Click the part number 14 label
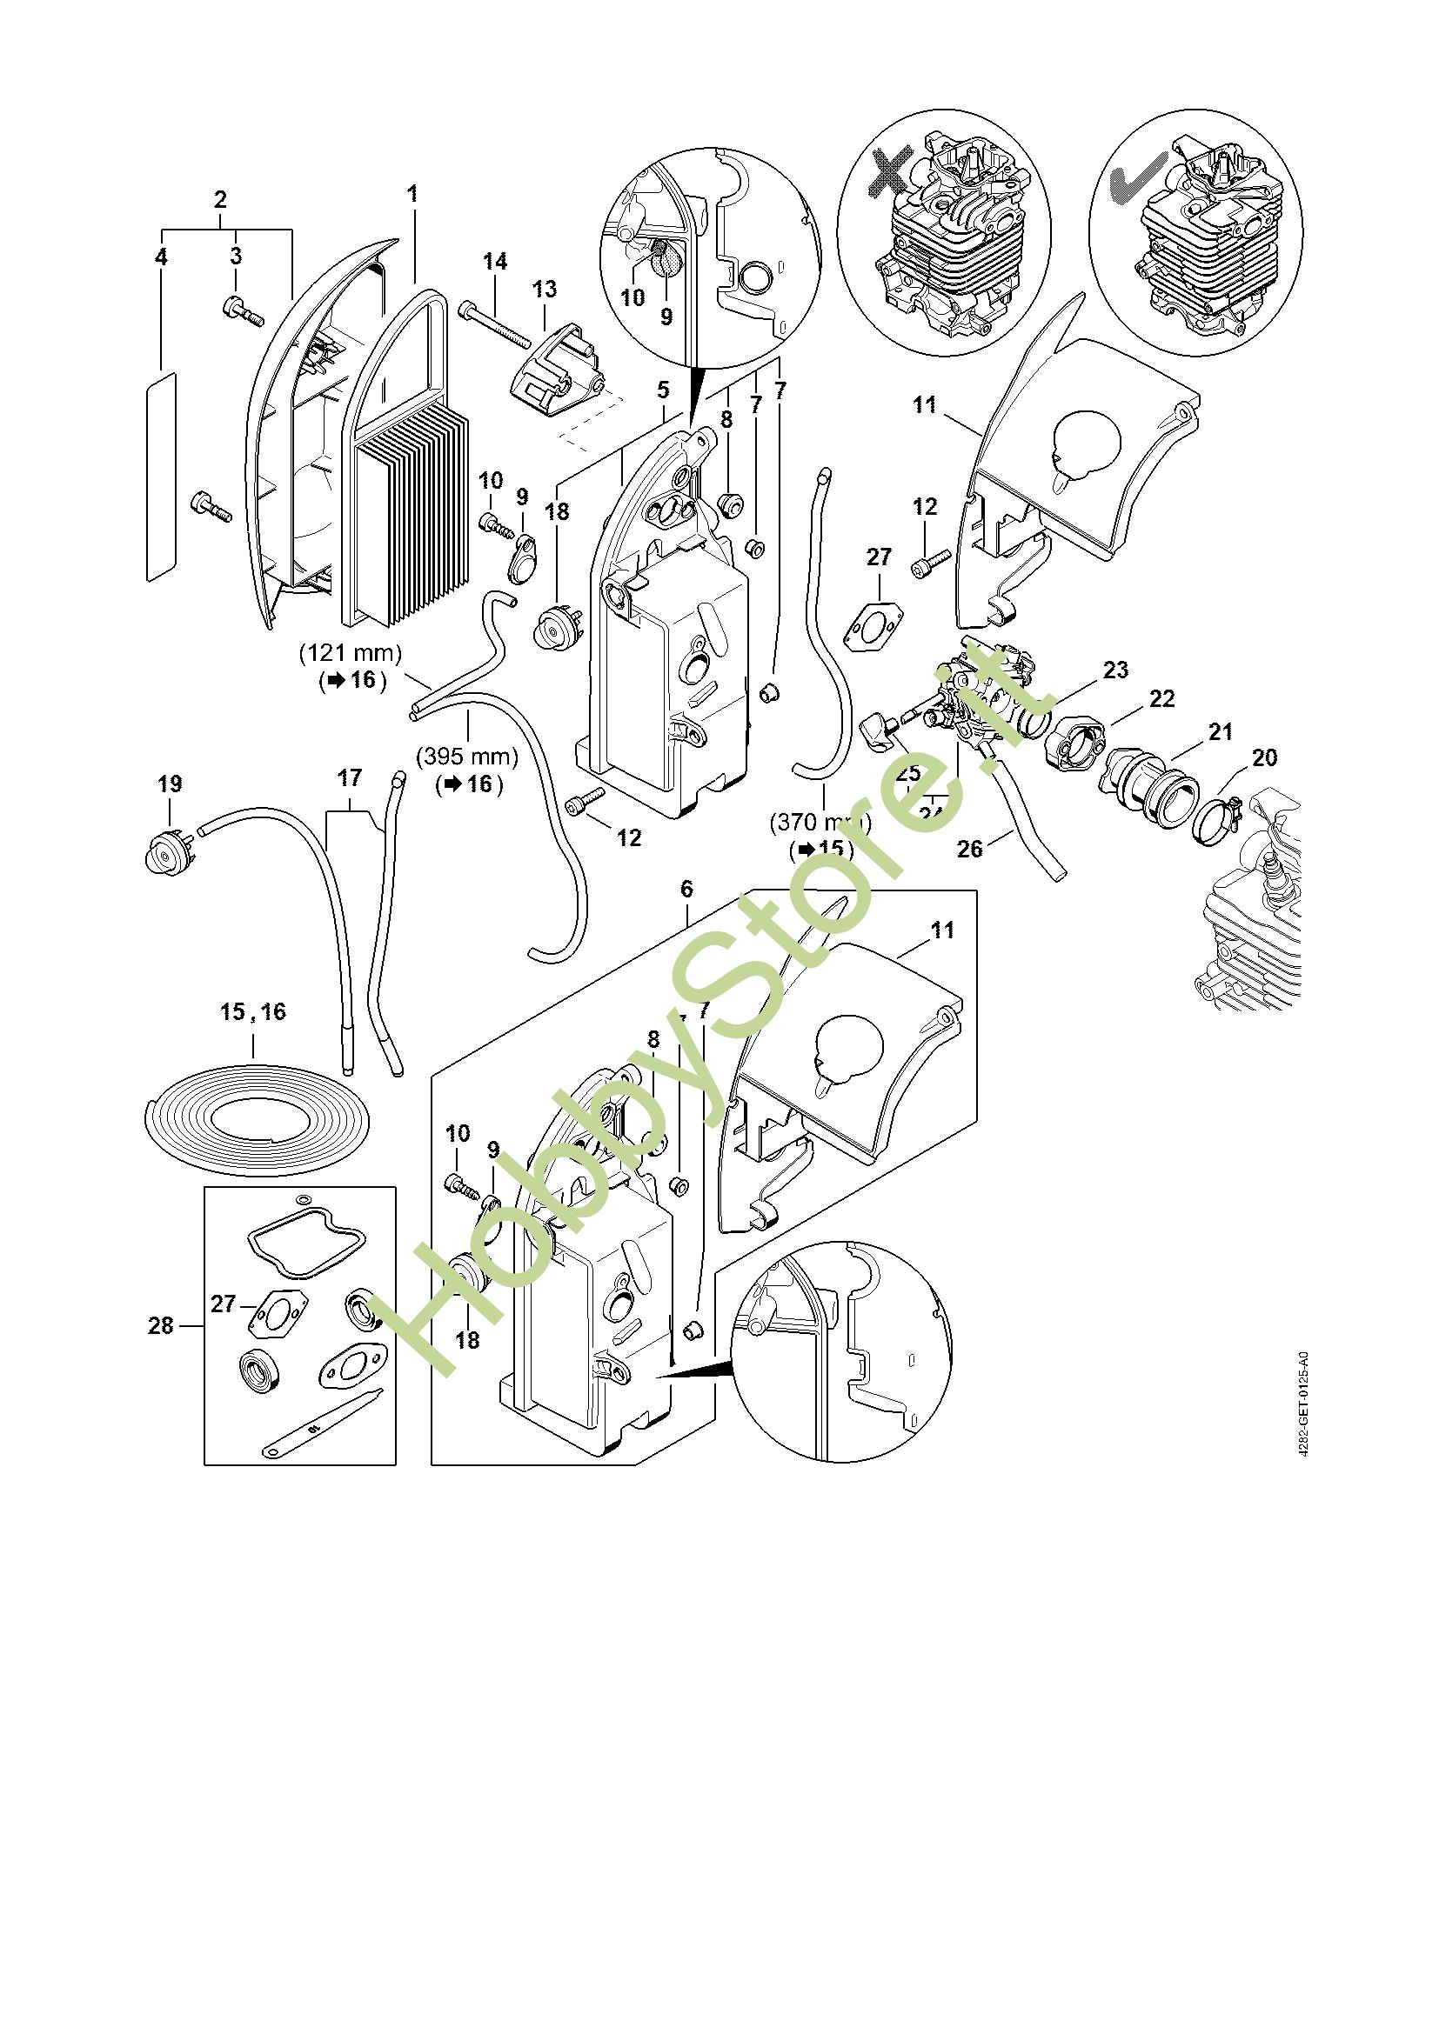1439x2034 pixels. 495,262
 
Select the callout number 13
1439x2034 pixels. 544,289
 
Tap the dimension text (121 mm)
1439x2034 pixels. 351,654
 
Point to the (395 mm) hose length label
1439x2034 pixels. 468,757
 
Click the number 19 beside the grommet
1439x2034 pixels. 170,784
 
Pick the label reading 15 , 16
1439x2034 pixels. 253,1011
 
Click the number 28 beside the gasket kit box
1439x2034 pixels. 160,1325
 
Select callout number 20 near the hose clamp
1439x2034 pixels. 1264,757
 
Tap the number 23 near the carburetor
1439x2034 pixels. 1115,670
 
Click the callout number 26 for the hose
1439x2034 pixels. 970,849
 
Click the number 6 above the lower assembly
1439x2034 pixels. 686,889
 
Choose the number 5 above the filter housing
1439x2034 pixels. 664,390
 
